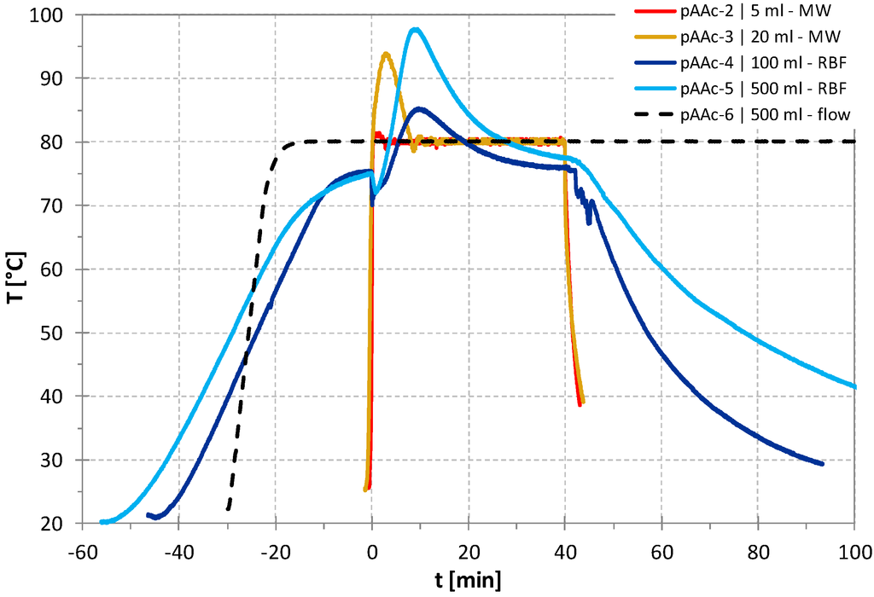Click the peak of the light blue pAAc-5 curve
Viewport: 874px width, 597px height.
tap(416, 29)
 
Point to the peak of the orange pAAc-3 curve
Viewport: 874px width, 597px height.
tap(387, 54)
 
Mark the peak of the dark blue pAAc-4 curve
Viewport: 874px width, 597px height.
tap(419, 108)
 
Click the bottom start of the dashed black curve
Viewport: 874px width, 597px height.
tap(228, 509)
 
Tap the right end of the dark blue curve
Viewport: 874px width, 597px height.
tap(822, 464)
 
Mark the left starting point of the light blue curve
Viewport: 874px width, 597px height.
tap(102, 522)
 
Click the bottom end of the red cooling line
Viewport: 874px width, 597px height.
tap(580, 404)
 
